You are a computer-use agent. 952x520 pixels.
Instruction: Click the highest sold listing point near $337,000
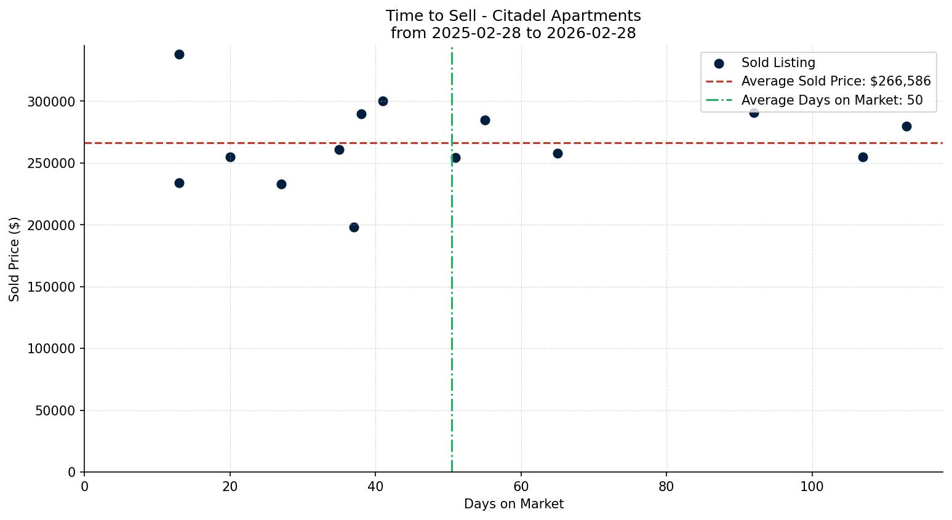179,54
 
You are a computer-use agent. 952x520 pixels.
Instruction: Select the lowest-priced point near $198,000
354,227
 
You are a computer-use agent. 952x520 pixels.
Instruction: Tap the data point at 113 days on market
906,126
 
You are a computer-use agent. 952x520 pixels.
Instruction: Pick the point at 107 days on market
863,157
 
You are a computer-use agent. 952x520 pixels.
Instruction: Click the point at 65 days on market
558,153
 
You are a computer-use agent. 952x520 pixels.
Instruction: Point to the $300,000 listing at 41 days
383,101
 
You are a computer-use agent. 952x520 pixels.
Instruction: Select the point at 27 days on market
281,184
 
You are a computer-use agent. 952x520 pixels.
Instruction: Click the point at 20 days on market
230,157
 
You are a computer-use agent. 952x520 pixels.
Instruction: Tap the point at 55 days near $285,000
485,120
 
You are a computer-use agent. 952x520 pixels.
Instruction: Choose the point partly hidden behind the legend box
754,113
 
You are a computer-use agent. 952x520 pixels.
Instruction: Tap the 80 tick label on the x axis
666,487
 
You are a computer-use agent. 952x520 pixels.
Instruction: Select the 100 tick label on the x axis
812,487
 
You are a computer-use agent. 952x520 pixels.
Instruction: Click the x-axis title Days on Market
513,504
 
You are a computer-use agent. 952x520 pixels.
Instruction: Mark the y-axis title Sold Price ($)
15,259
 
